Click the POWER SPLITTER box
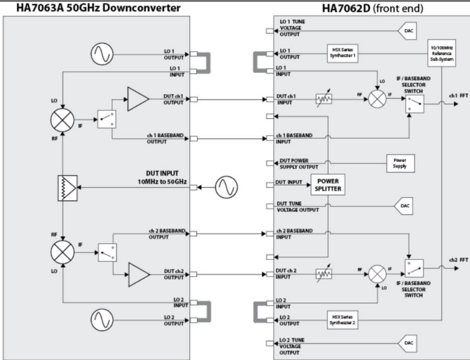pos(328,185)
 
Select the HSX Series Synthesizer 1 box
pos(342,53)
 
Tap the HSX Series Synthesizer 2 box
pos(342,320)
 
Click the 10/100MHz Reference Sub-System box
pos(442,53)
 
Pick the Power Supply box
pos(400,163)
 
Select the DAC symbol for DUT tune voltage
pos(404,206)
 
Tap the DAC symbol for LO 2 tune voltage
pos(407,343)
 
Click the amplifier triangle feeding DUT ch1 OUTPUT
pos(138,99)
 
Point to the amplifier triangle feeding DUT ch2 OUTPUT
pos(139,274)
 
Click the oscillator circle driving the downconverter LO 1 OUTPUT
pos(102,54)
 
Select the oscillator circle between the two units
pos(227,188)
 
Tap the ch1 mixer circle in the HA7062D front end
pos(377,99)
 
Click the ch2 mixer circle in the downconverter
pos(62,252)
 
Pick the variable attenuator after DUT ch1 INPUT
pos(324,98)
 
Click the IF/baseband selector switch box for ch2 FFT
pos(414,268)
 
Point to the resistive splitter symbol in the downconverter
pos(67,188)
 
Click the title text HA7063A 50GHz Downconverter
pos(98,8)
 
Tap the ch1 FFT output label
pos(458,96)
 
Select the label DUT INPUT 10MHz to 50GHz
pos(162,177)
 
